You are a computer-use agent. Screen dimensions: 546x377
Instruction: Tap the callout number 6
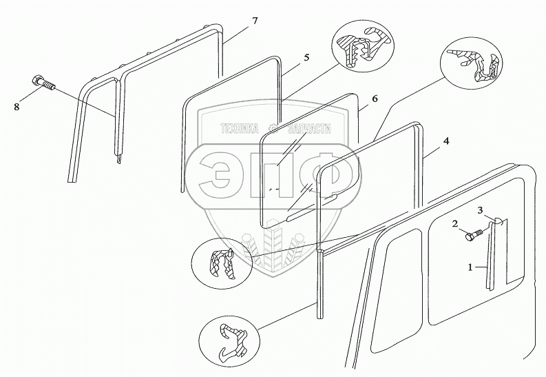pos(374,99)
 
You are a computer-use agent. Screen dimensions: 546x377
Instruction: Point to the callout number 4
pos(446,141)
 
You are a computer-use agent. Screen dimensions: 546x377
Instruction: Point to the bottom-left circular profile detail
pos(225,336)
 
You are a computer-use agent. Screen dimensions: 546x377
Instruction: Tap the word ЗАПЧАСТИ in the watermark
pos(306,128)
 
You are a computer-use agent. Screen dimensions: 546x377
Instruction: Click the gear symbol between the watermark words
pos(273,128)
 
